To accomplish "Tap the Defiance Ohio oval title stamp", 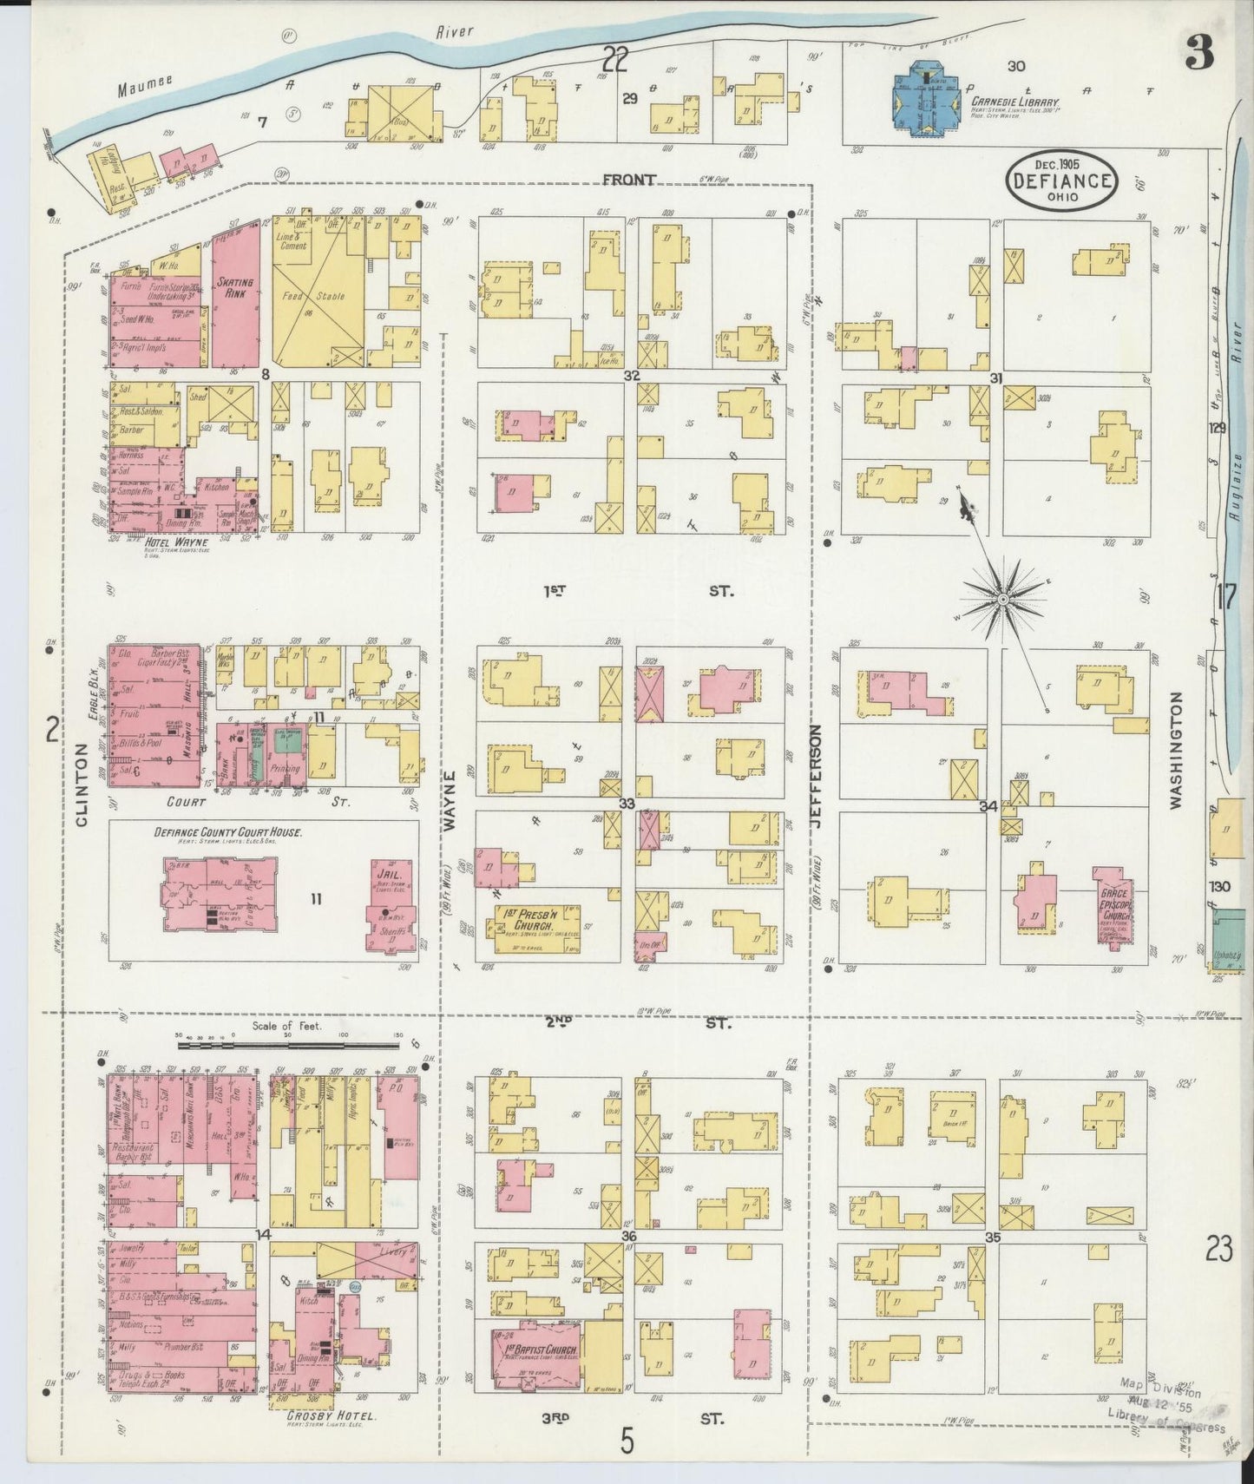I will click(1061, 181).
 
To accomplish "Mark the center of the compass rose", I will click(1003, 600).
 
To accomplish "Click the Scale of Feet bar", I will click(286, 1045).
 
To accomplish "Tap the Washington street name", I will click(1177, 750).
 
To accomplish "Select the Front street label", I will click(628, 180).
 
